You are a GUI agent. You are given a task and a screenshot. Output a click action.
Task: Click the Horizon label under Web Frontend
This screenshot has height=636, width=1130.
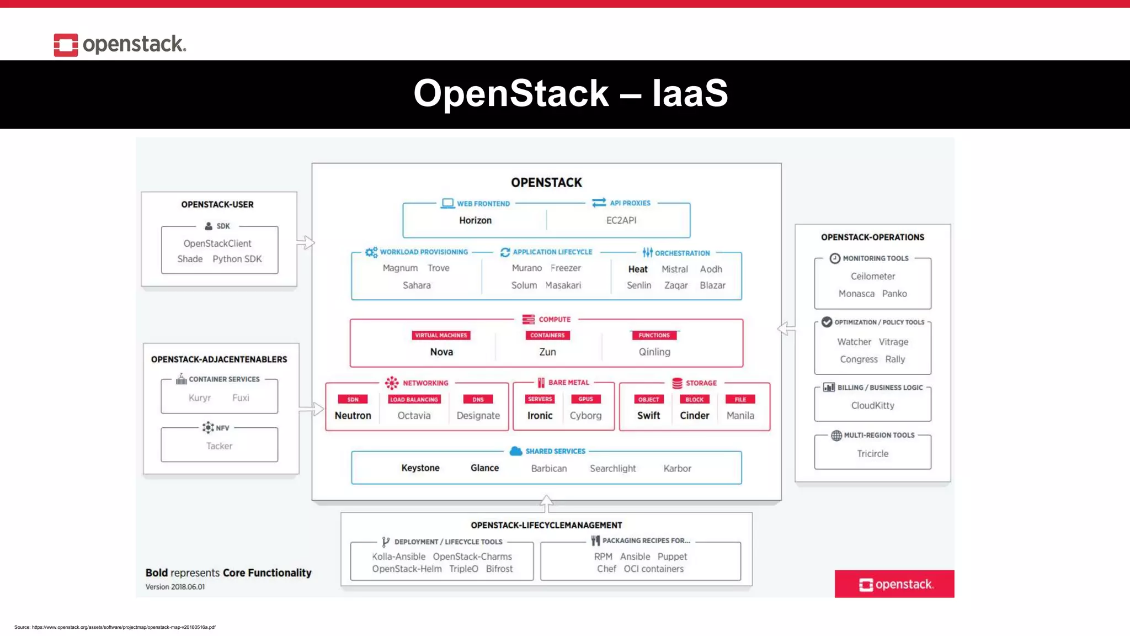475,220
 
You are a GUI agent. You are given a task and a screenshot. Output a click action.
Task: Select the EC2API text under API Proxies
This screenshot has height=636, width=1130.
621,220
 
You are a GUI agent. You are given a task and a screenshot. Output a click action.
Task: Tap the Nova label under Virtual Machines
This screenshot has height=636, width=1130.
441,352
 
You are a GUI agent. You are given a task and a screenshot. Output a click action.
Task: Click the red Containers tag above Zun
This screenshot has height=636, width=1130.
547,335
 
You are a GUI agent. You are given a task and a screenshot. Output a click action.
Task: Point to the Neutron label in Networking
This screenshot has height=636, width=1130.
353,415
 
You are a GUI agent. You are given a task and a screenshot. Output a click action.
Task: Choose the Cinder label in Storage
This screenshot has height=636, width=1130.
694,415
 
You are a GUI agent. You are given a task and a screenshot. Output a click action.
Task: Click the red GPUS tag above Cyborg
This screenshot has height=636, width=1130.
585,399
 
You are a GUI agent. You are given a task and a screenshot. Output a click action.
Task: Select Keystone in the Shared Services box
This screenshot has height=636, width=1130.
420,468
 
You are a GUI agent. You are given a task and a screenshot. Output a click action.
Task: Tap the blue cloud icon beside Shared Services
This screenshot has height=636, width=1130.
516,451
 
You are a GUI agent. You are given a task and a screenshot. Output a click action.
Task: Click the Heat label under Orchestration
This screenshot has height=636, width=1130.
637,269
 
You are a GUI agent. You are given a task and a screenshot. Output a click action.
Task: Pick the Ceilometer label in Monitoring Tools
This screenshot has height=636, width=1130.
872,276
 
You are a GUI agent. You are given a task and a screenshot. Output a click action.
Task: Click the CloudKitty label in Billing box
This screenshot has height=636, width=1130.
872,405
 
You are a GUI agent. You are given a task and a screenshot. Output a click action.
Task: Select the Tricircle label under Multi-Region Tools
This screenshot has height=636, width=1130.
872,453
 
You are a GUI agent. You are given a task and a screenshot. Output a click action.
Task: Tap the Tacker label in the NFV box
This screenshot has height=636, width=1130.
219,446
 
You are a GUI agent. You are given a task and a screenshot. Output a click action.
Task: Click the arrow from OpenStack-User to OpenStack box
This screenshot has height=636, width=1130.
306,242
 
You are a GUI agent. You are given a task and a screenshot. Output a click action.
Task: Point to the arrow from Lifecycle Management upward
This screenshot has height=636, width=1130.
546,503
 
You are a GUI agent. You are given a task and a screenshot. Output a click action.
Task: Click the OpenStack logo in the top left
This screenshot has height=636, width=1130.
120,44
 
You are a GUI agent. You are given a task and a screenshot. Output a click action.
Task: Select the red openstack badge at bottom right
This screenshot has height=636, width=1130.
894,584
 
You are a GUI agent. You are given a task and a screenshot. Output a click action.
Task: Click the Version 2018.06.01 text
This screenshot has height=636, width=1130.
175,587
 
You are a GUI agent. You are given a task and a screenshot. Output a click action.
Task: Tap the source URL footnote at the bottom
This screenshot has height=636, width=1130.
115,627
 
